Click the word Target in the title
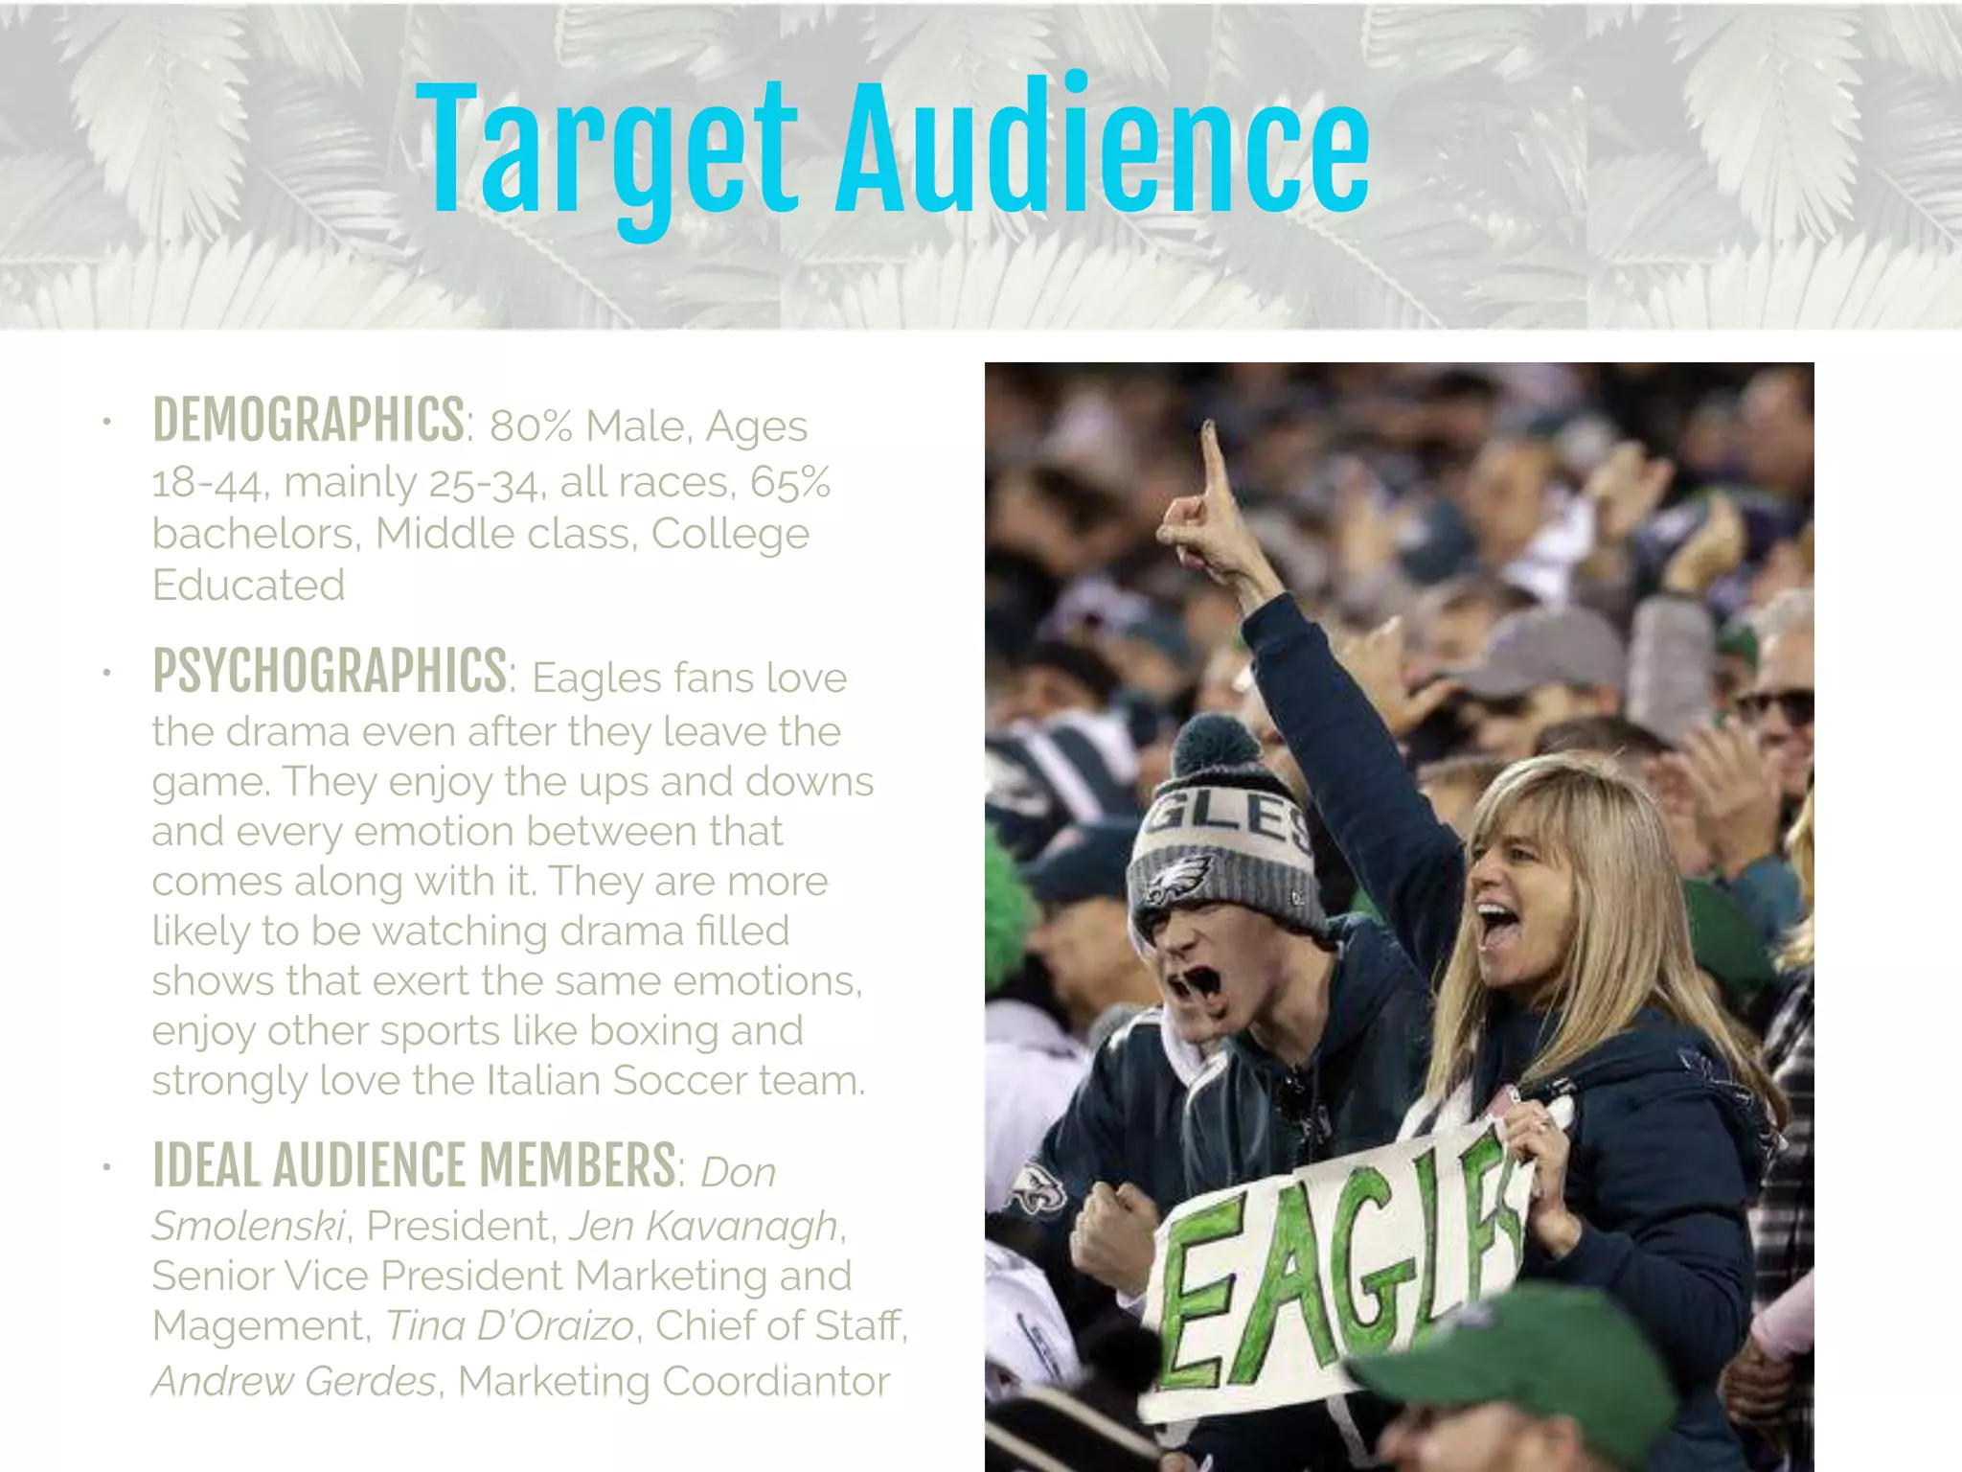pos(605,151)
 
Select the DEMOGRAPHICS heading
pos(308,421)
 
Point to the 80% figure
pos(531,427)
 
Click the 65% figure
pos(790,482)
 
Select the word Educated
pos(248,586)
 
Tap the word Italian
pos(544,1081)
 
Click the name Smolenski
pos(248,1226)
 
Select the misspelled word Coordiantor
pos(775,1382)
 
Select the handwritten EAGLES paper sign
pos(1332,1275)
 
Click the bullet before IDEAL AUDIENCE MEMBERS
pos(107,1167)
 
